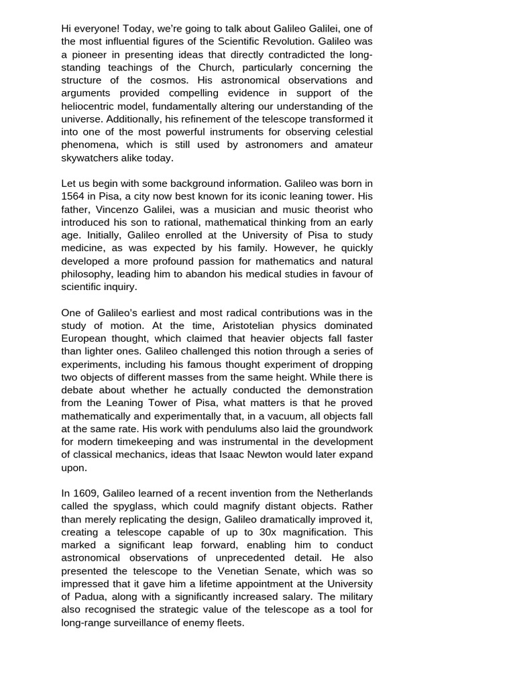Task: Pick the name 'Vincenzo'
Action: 117,210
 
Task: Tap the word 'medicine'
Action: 84,249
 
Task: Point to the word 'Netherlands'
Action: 343,494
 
